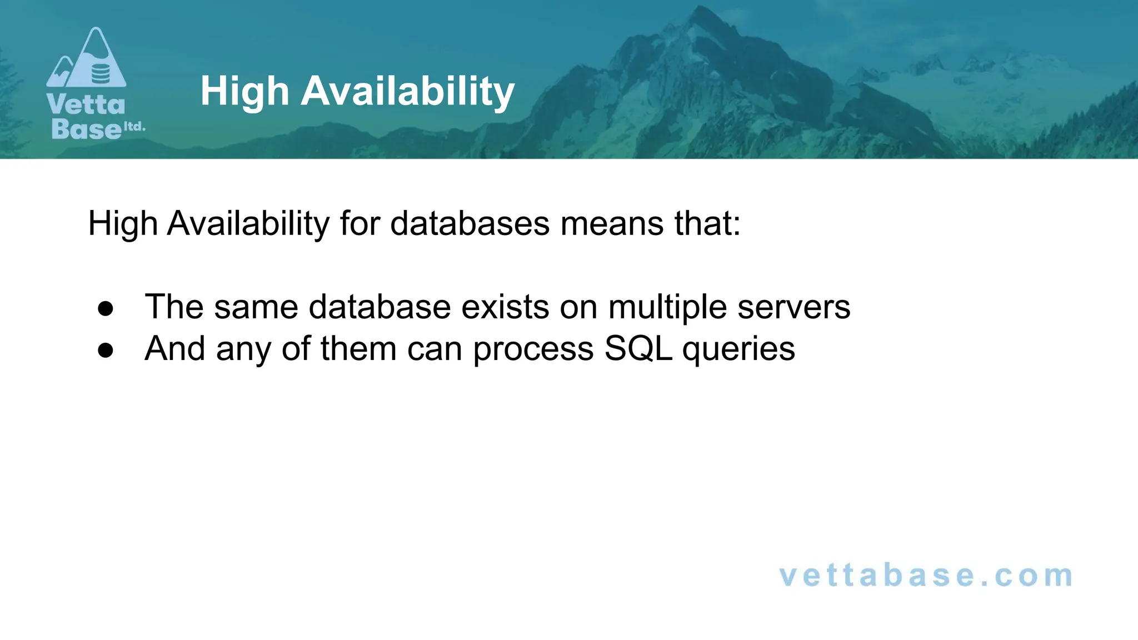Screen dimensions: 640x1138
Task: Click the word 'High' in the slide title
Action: pyautogui.click(x=244, y=92)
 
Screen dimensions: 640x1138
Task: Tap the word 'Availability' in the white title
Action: pyautogui.click(x=407, y=92)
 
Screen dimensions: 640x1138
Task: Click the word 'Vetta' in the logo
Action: pyautogui.click(x=86, y=104)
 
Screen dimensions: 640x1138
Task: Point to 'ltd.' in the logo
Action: pyautogui.click(x=134, y=127)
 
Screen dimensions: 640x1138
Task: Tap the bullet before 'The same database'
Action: pyautogui.click(x=105, y=309)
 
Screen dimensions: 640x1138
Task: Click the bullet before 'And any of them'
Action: pyautogui.click(x=105, y=351)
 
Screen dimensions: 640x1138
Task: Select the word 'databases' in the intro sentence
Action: pyautogui.click(x=470, y=223)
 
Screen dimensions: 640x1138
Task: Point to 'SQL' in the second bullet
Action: pyautogui.click(x=638, y=349)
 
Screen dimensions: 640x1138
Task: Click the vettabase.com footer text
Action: pyautogui.click(x=926, y=576)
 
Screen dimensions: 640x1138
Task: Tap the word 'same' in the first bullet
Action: pyautogui.click(x=256, y=307)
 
